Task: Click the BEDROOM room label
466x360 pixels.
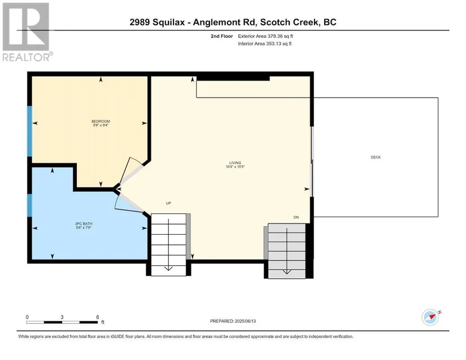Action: click(x=101, y=121)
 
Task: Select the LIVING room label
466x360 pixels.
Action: click(x=235, y=163)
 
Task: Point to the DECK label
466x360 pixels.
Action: click(x=376, y=157)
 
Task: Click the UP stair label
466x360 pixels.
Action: click(x=168, y=203)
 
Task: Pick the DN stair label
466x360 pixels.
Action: click(x=296, y=217)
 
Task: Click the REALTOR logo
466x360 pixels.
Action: click(x=27, y=32)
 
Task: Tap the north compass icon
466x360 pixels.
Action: click(x=431, y=317)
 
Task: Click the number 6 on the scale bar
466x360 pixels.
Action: click(x=98, y=317)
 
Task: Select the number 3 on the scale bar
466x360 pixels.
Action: click(x=62, y=317)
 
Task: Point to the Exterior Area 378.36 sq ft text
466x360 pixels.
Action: click(x=265, y=36)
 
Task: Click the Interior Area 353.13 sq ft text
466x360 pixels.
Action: click(x=264, y=43)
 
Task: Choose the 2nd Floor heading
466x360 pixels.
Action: click(x=222, y=36)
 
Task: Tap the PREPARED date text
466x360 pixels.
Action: click(x=233, y=321)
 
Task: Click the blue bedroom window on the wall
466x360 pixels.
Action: click(x=29, y=131)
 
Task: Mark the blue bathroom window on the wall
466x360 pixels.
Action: click(x=29, y=205)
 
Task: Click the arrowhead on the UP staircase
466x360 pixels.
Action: click(x=168, y=269)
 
